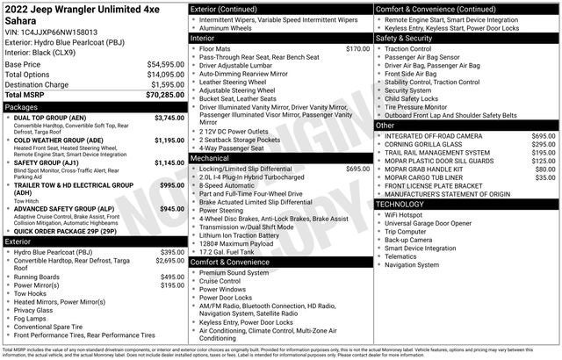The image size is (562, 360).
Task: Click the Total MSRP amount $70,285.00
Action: click(x=161, y=94)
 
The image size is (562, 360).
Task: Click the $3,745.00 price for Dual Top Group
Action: click(x=169, y=117)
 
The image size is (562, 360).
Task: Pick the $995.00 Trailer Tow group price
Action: click(x=172, y=185)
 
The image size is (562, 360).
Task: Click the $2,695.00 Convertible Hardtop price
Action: click(x=169, y=261)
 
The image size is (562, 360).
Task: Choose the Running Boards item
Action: click(x=37, y=277)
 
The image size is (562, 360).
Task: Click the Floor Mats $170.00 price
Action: click(x=357, y=49)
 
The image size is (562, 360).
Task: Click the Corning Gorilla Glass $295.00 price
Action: click(x=543, y=145)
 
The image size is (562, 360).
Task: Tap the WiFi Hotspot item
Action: click(x=403, y=214)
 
